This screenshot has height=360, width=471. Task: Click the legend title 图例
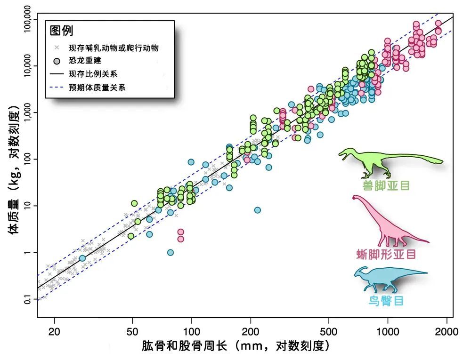62,31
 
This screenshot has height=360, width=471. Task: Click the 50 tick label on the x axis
132,331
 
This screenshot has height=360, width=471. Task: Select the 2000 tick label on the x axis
447,331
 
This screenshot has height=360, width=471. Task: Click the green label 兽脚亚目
386,185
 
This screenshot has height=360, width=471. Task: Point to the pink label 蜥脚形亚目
386,255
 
